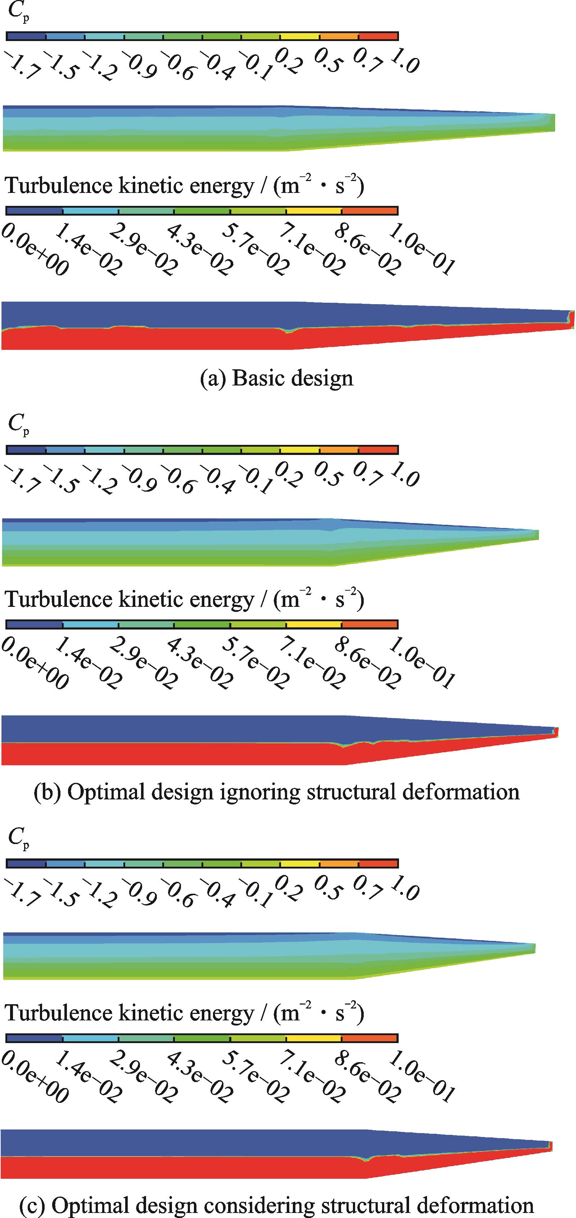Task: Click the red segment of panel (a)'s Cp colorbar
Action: tap(378, 36)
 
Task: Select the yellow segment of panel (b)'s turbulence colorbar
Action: tap(314, 624)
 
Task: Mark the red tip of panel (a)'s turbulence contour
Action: tap(572, 319)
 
